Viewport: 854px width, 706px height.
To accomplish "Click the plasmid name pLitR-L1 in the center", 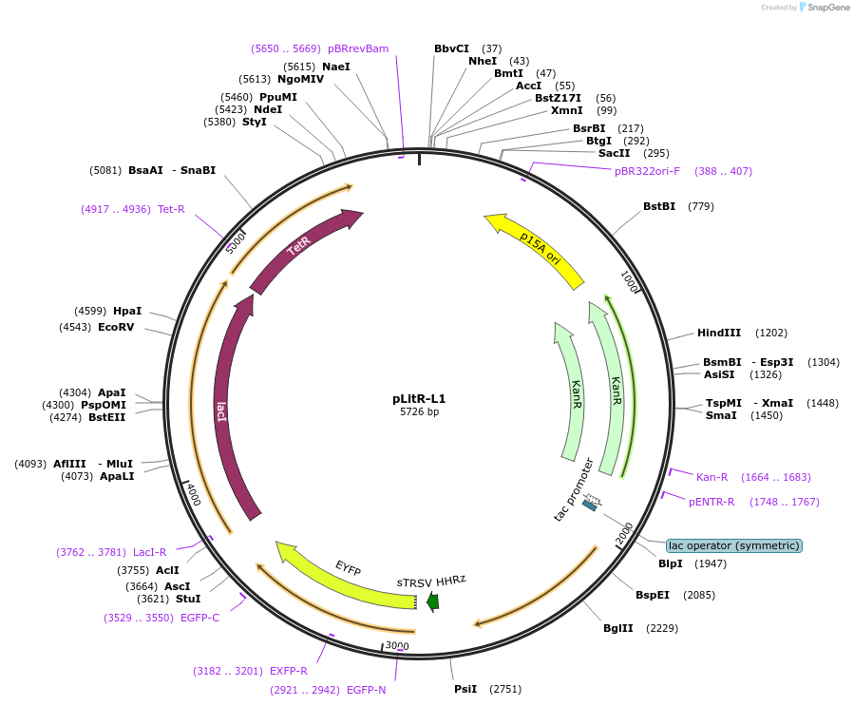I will (419, 399).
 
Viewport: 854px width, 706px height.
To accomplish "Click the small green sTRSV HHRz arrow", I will (433, 601).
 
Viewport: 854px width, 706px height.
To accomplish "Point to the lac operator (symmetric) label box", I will (733, 545).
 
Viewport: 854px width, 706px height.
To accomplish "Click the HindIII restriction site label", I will (719, 333).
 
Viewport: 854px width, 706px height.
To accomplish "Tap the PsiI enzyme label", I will (465, 689).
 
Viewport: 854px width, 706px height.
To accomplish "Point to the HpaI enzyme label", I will (127, 311).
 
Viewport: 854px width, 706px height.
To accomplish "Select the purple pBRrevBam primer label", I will (358, 48).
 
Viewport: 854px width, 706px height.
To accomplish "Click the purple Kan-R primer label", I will (712, 477).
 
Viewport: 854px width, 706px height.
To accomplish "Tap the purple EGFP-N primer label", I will (367, 690).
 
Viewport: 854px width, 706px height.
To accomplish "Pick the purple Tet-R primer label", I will (171, 209).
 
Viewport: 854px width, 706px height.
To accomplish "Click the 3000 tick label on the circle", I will (397, 646).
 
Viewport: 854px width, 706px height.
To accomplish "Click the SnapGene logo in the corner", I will (823, 8).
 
